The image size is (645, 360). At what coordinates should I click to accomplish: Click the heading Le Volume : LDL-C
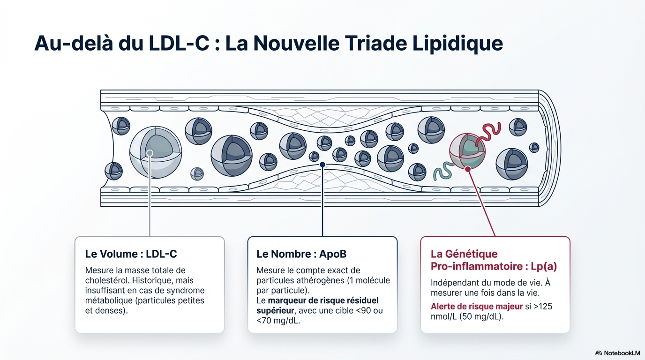pos(131,254)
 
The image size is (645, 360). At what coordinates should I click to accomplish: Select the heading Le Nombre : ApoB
pos(300,254)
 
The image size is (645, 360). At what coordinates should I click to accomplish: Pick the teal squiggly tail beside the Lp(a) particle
pos(443,171)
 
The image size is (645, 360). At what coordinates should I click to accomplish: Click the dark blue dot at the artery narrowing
pos(322,165)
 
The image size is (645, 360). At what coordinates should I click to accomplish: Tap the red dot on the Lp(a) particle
pos(467,168)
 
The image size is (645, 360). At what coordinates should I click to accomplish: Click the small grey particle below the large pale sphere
pos(197,174)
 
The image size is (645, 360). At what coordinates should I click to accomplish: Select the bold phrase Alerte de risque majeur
pos(476,307)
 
